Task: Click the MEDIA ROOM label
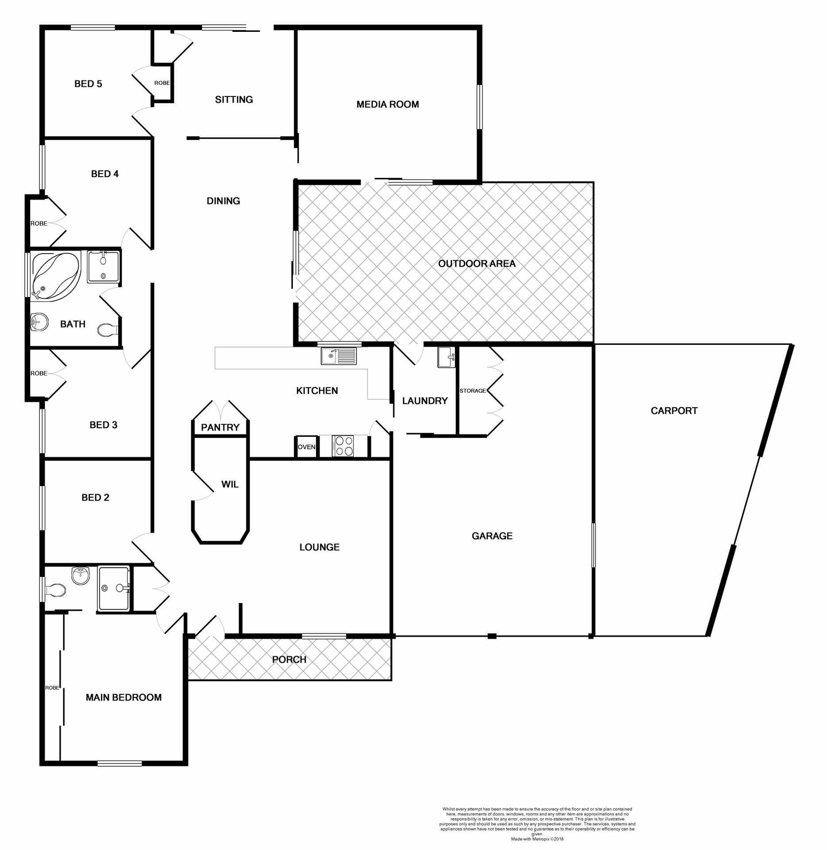click(388, 104)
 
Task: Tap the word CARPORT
click(674, 411)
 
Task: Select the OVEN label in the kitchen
click(306, 447)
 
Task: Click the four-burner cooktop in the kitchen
click(343, 446)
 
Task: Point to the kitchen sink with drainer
click(339, 356)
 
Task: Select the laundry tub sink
click(446, 357)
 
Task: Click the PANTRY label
click(220, 428)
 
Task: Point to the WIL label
click(230, 484)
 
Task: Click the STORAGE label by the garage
click(473, 391)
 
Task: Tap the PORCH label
click(289, 660)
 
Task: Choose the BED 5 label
click(88, 84)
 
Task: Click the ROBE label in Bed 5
click(162, 83)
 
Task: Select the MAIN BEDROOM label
click(123, 698)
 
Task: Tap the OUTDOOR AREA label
click(477, 264)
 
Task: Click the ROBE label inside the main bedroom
click(52, 688)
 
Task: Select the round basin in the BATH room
click(39, 322)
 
